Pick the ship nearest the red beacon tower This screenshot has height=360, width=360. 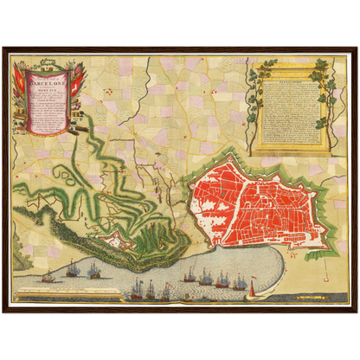click(x=239, y=283)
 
